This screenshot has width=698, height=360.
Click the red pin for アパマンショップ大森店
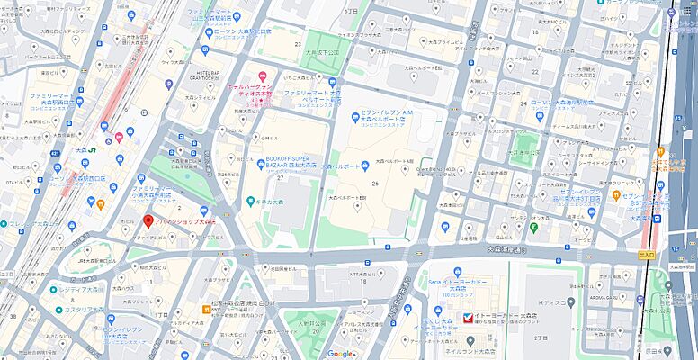click(x=148, y=220)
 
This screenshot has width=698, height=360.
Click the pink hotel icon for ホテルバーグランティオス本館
click(x=262, y=76)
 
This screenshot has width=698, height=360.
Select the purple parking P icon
click(x=169, y=85)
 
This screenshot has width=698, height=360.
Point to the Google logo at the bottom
click(x=340, y=354)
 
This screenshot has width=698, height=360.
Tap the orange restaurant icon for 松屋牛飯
click(x=206, y=309)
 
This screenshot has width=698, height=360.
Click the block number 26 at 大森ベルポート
click(x=373, y=184)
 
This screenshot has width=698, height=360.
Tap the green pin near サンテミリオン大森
click(x=533, y=226)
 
